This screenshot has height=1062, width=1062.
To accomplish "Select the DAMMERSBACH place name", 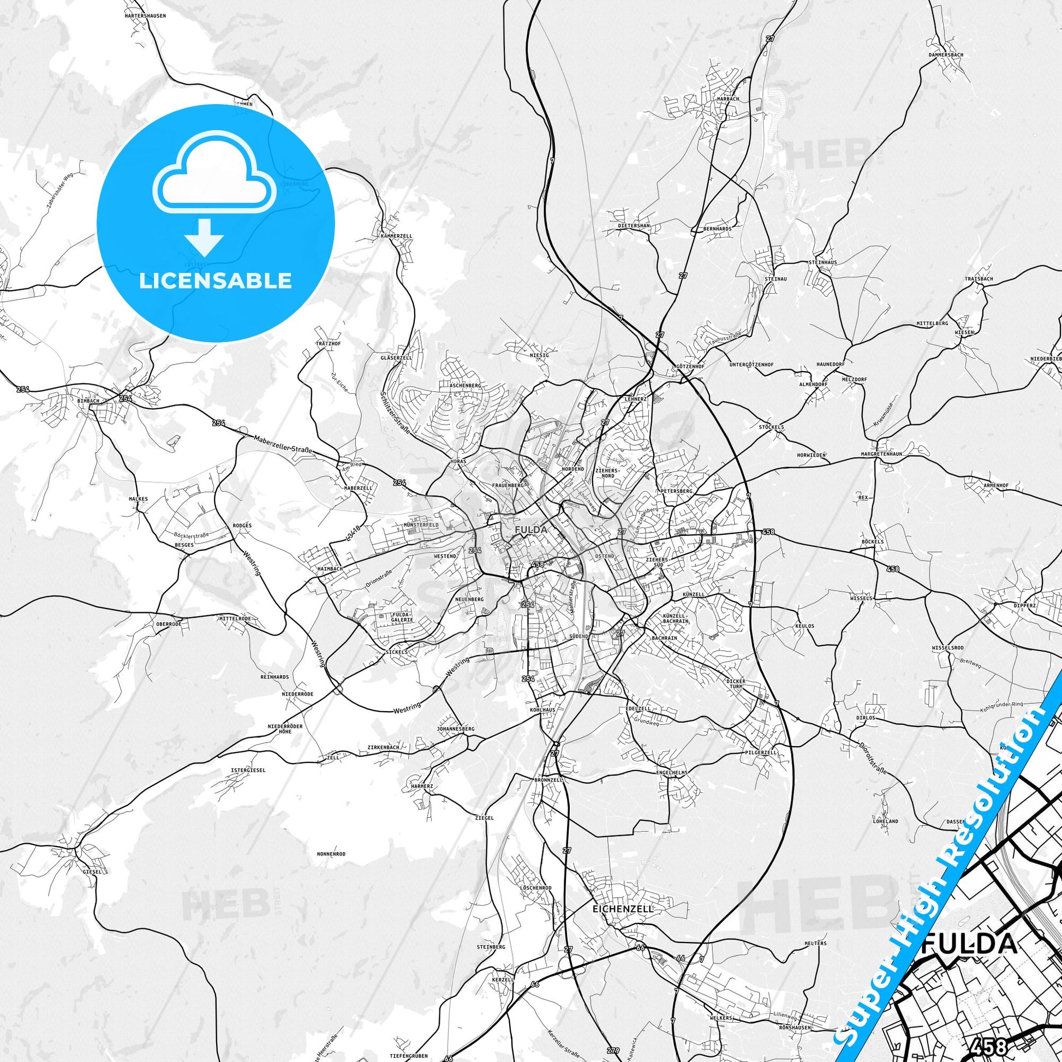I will pos(947,55).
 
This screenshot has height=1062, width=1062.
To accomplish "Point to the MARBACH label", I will pos(728,99).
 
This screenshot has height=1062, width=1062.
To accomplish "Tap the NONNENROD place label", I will pos(331,854).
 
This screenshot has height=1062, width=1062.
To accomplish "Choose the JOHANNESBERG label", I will pos(455,729).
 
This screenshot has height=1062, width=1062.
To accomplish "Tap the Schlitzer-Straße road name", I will pos(396,411).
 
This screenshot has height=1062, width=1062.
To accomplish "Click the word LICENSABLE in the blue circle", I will pos(216,281).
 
